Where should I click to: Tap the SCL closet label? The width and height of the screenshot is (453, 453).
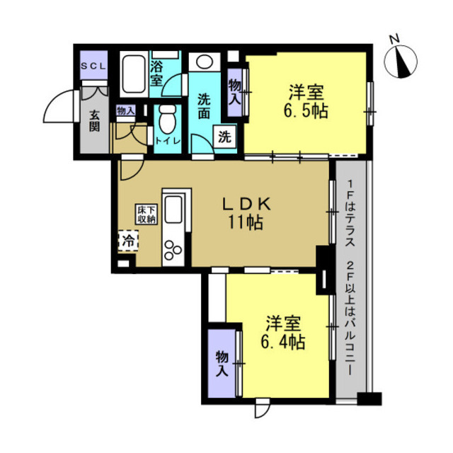coord(93,66)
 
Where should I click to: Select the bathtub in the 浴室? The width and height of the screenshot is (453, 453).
coord(133,74)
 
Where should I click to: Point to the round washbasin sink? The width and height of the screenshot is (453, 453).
coord(205,62)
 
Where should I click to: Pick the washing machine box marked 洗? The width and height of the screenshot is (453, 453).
coord(224,137)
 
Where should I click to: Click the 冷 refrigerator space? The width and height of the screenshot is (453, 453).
coord(128,241)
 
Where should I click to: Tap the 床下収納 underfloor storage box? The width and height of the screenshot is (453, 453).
coord(147,214)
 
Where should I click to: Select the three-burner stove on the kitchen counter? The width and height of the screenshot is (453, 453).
coord(173,250)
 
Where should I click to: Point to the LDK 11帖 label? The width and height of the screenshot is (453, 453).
coord(246,213)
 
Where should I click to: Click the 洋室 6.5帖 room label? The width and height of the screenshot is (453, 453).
coord(306,101)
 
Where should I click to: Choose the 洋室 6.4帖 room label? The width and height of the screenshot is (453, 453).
coord(283,333)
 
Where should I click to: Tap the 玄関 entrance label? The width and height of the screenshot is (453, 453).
coord(94,121)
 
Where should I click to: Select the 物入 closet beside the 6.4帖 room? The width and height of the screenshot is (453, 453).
coord(222,363)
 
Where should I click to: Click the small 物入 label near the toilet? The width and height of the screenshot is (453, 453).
coord(126,110)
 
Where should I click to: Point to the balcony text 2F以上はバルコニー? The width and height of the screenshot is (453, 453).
coord(350,318)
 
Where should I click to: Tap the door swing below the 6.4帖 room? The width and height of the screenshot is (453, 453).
coord(263,408)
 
